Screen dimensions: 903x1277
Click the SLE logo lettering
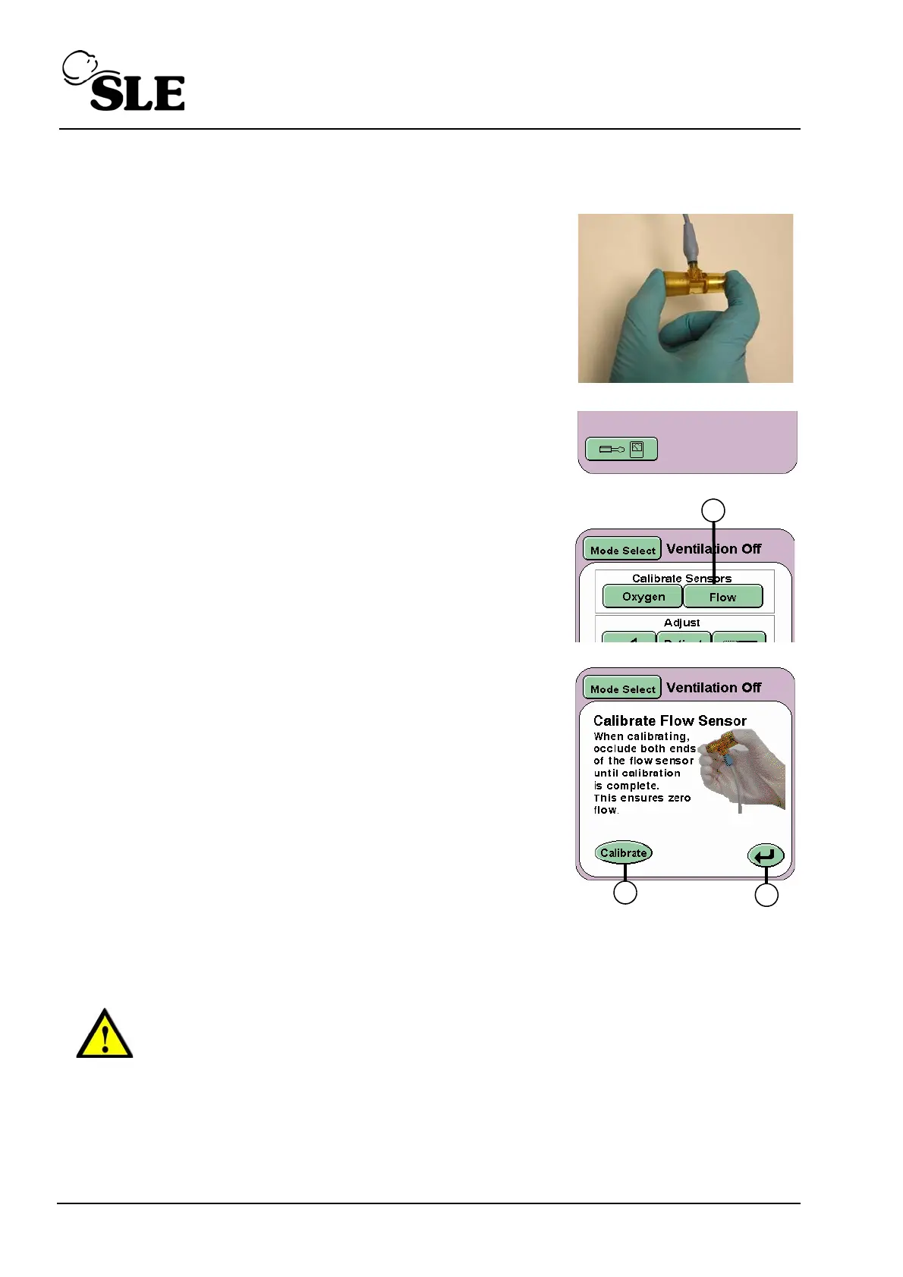click(137, 93)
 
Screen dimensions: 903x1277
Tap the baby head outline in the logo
click(80, 67)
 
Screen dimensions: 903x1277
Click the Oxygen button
click(643, 597)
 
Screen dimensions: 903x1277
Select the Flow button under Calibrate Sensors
click(722, 598)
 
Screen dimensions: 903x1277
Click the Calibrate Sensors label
click(681, 578)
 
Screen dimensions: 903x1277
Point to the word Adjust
click(681, 623)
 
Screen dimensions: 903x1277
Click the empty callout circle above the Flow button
click(713, 510)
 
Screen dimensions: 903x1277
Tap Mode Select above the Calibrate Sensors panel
click(622, 550)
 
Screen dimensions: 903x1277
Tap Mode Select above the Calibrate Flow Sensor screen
click(622, 689)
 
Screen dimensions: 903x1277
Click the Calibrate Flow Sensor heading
click(669, 720)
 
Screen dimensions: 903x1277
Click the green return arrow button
click(765, 855)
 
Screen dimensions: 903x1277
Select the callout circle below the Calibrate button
click(625, 893)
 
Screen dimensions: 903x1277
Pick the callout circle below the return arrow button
click(766, 895)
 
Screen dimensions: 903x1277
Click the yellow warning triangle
click(105, 1034)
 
